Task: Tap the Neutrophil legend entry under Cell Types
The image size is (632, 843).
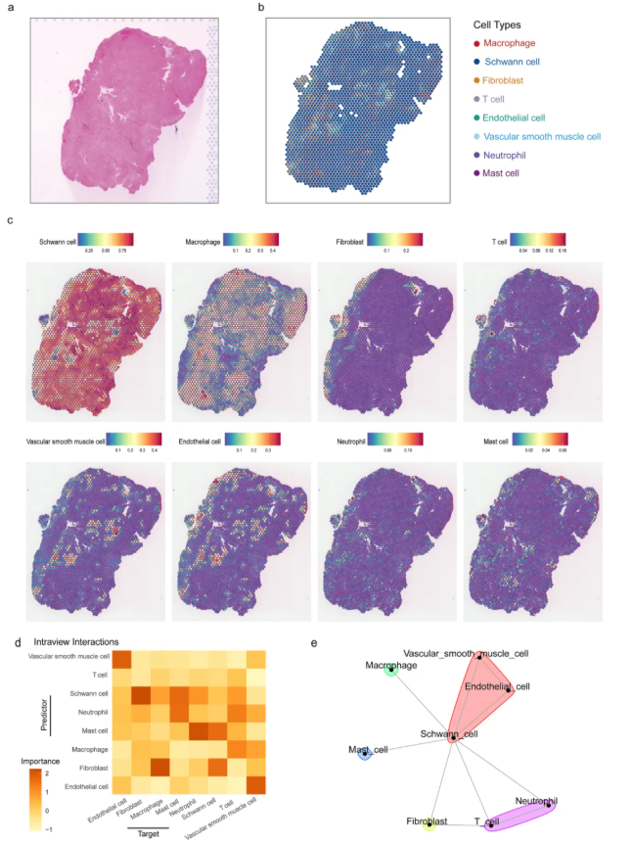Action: coord(509,155)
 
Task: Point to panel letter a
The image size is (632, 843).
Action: coord(11,8)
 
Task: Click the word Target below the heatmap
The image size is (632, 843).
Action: coord(148,833)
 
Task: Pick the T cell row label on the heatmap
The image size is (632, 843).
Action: coord(96,676)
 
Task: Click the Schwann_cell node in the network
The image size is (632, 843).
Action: coord(452,733)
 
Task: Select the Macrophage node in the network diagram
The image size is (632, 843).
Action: coord(390,670)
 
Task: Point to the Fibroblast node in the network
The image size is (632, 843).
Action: coord(429,823)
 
